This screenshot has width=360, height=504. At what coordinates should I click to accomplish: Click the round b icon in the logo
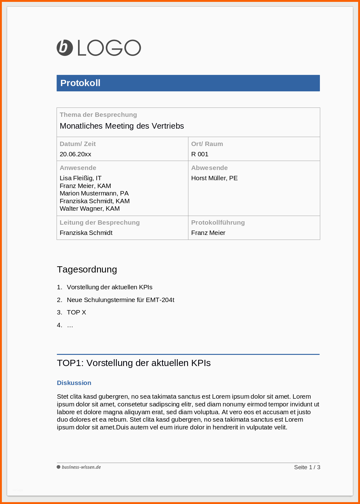click(x=65, y=48)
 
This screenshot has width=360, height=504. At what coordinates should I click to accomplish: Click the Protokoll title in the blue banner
click(x=80, y=83)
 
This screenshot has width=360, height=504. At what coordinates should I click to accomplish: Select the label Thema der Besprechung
click(x=98, y=115)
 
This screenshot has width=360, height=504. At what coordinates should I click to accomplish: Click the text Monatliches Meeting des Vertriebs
click(x=122, y=126)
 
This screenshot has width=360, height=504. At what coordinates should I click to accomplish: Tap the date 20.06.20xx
click(x=75, y=154)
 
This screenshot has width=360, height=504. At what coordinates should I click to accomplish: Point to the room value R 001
click(x=200, y=154)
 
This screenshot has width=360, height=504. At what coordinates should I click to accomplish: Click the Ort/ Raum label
click(x=207, y=144)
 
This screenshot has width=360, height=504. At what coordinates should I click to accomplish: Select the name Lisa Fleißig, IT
click(x=81, y=178)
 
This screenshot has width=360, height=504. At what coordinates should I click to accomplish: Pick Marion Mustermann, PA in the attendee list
click(x=94, y=193)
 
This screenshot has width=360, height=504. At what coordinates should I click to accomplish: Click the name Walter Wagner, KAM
click(x=90, y=208)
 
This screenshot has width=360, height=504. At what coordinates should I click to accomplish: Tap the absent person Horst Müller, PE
click(x=214, y=178)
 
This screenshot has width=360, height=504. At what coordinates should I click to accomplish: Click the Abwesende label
click(x=209, y=168)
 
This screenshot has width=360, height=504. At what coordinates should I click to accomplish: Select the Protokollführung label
click(x=218, y=222)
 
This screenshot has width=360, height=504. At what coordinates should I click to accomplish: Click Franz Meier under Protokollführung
click(x=208, y=233)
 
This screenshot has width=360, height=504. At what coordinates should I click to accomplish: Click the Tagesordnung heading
click(x=87, y=269)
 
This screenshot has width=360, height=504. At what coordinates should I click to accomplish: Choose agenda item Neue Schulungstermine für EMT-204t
click(x=120, y=300)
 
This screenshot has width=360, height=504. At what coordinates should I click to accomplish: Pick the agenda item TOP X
click(x=76, y=312)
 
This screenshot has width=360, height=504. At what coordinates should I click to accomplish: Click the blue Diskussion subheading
click(x=74, y=383)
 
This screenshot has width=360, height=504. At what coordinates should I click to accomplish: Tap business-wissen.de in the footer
click(x=81, y=467)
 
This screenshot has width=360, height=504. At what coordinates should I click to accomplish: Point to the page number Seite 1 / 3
click(x=307, y=467)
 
